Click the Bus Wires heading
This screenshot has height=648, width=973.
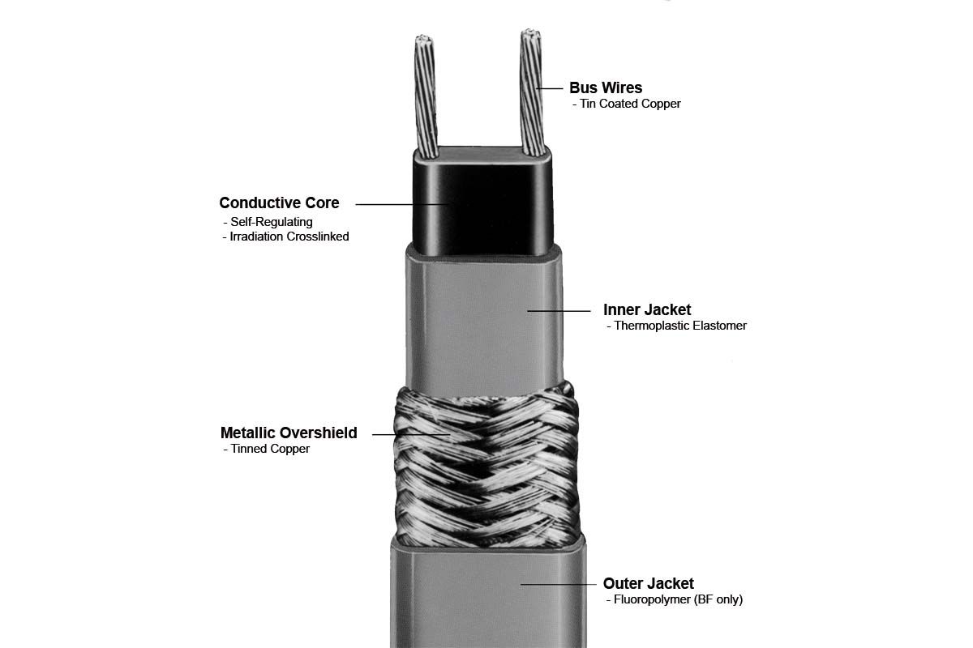pos(606,87)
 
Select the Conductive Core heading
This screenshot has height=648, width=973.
pos(279,202)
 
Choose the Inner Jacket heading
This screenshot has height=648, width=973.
pos(647,310)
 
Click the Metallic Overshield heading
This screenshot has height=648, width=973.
pos(289,433)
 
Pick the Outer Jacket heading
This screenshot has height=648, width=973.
pos(648,583)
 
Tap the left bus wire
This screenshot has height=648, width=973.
pos(426,96)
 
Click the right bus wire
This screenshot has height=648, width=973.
pos(533,92)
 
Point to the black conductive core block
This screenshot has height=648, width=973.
pos(483,201)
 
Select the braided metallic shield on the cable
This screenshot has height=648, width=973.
pos(486,467)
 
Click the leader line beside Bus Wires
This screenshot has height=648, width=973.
pos(550,88)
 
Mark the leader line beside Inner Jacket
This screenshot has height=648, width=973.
pos(559,311)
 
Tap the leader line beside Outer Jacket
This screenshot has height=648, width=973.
pos(558,584)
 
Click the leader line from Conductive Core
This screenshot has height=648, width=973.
pos(401,204)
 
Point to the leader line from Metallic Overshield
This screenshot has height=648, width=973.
pos(411,434)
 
